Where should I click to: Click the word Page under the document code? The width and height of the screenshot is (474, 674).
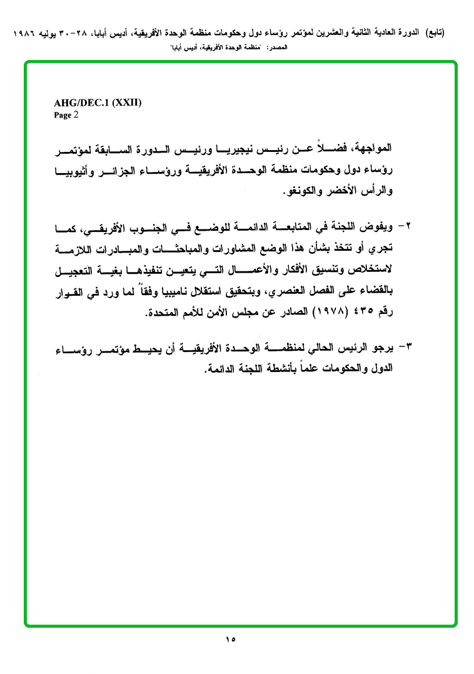pos(63,116)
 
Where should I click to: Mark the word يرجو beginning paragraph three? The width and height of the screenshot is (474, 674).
pos(383,347)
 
